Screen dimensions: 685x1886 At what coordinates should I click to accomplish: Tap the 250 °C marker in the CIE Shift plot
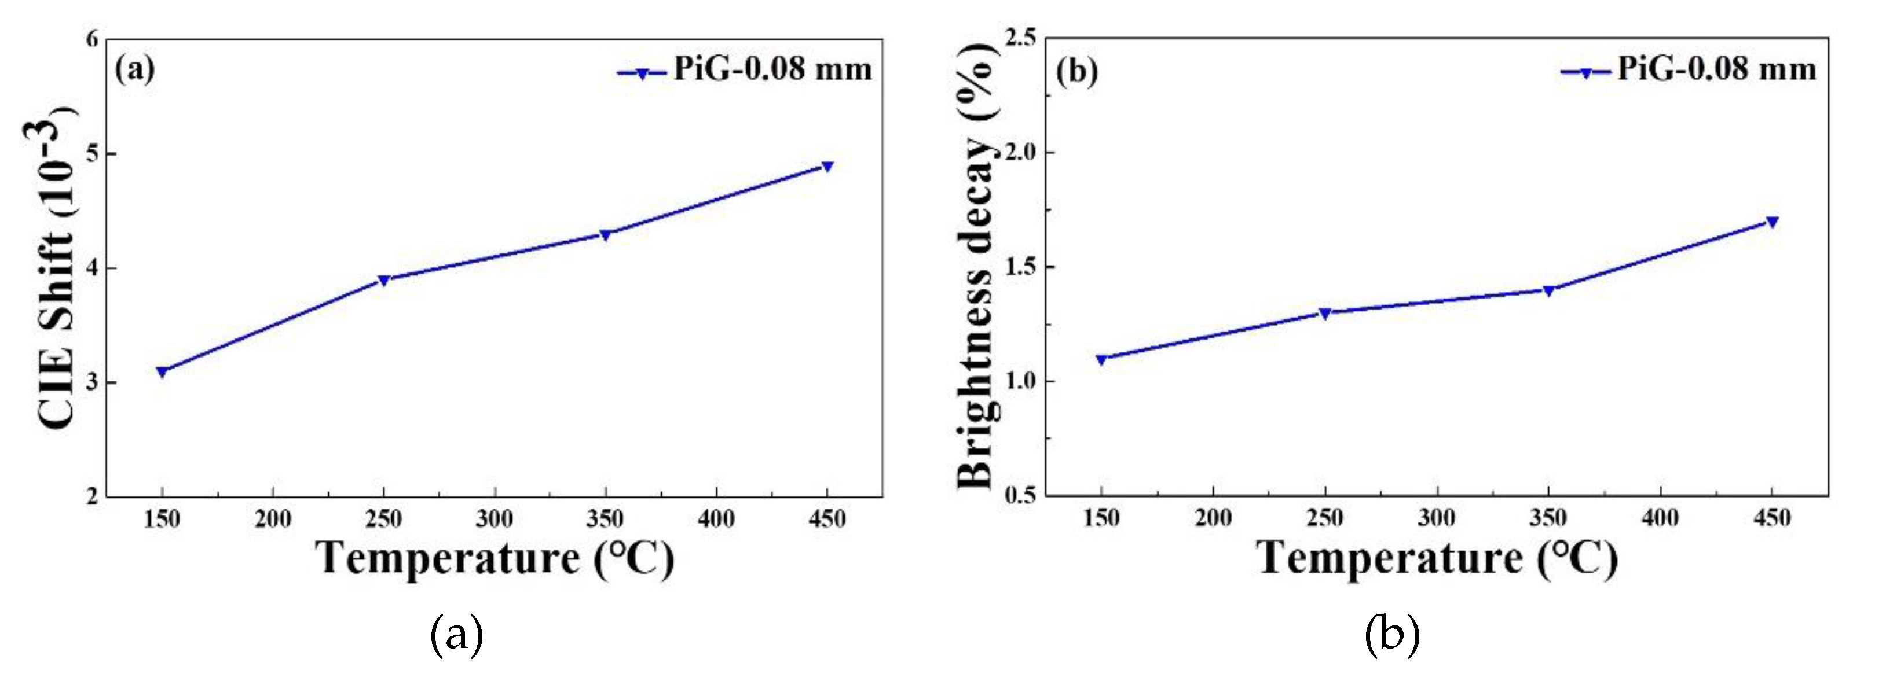384,280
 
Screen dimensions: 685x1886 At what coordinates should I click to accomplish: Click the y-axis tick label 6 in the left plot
92,39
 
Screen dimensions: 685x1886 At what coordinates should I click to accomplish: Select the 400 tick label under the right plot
1659,518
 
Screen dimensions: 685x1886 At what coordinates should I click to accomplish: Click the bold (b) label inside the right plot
1077,71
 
